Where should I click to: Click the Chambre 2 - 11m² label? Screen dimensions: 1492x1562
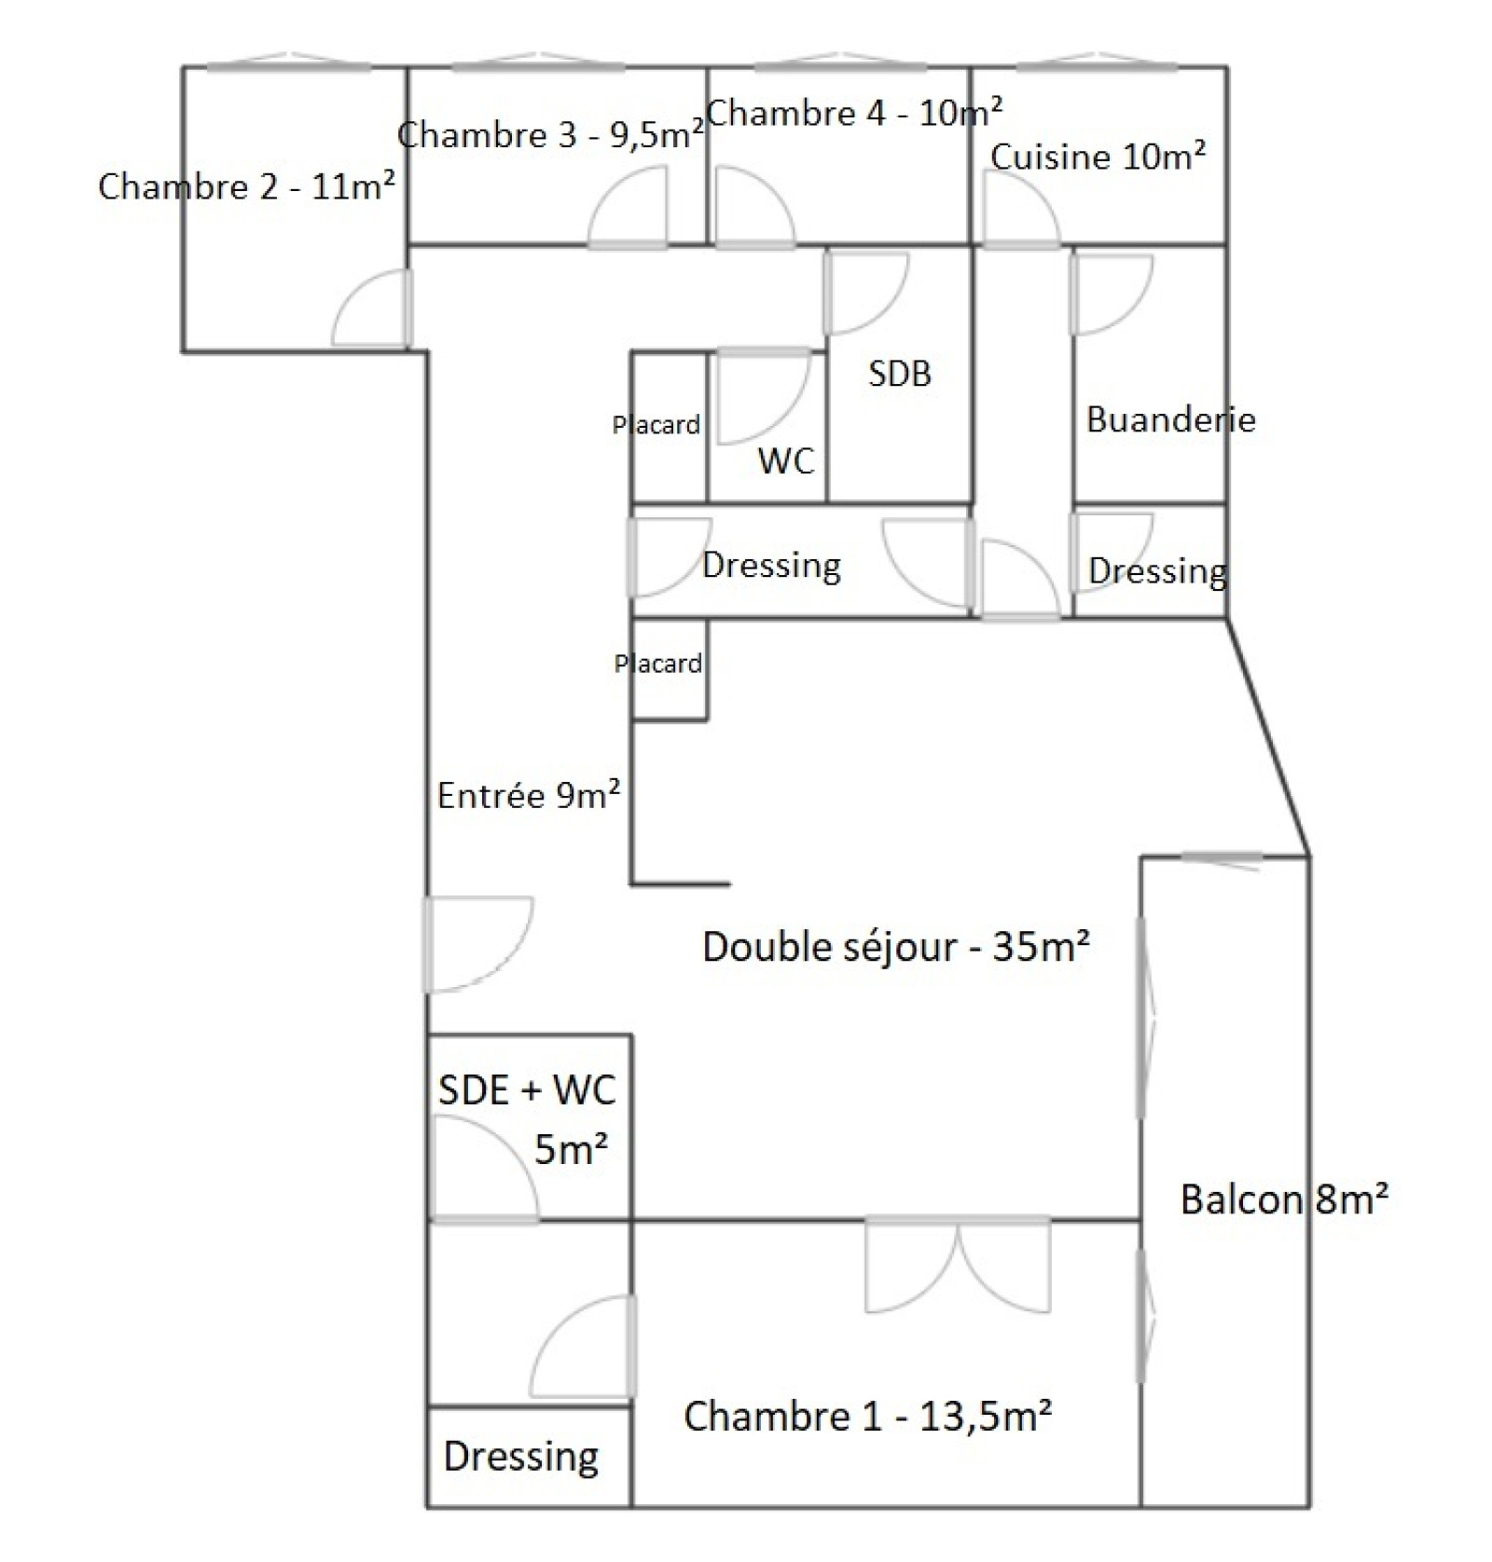pos(246,186)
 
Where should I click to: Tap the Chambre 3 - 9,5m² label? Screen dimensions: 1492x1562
pos(550,135)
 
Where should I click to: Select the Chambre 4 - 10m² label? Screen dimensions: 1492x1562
pos(854,113)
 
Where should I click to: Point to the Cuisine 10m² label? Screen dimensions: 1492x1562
pos(1098,157)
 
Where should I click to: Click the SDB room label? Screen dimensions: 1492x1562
pos(900,374)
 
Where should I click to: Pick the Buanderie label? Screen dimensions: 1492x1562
pos(1170,419)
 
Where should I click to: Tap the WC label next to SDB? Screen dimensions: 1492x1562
pos(786,460)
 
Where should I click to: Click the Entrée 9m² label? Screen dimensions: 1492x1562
pos(529,795)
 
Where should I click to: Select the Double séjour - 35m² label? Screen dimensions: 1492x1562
pos(896,947)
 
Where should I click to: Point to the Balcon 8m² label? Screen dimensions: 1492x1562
pos(1284,1199)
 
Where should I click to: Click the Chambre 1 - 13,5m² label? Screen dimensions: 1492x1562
pos(868,1417)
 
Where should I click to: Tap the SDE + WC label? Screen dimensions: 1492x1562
pos(527,1090)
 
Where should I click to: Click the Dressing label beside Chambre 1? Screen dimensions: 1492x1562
pos(520,1456)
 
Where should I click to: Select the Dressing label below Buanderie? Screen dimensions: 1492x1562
pos(1157,570)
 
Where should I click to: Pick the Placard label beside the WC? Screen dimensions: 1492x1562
pos(656,425)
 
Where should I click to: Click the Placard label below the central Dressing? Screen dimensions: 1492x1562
pos(657,664)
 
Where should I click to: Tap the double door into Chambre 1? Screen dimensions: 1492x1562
pos(958,1265)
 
